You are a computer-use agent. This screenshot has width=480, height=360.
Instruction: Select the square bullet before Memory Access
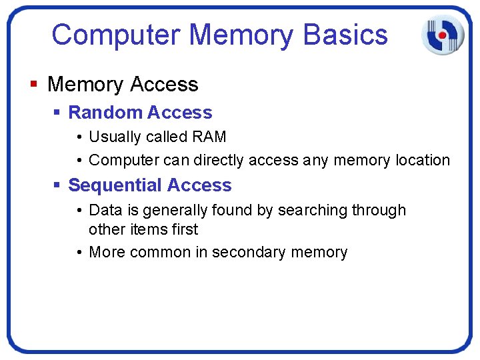pyautogui.click(x=34, y=85)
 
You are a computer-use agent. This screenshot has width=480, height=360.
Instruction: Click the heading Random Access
pyautogui.click(x=140, y=113)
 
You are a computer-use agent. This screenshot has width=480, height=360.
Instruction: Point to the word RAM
pyautogui.click(x=209, y=137)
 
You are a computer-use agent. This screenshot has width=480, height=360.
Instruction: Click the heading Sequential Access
pyautogui.click(x=150, y=185)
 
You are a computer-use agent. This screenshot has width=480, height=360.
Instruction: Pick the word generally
pyautogui.click(x=178, y=211)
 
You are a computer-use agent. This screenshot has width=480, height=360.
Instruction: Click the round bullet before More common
pyautogui.click(x=79, y=253)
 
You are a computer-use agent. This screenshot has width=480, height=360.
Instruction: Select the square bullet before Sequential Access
pyautogui.click(x=57, y=186)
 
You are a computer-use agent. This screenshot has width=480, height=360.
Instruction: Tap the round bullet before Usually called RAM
pyautogui.click(x=79, y=137)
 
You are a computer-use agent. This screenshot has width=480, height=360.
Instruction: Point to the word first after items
pyautogui.click(x=184, y=229)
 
